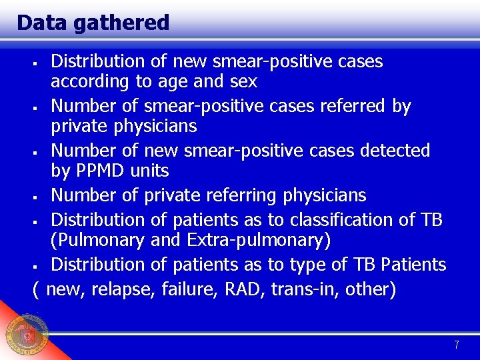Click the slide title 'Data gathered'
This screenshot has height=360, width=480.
click(93, 23)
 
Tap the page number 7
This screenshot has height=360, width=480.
click(456, 345)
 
